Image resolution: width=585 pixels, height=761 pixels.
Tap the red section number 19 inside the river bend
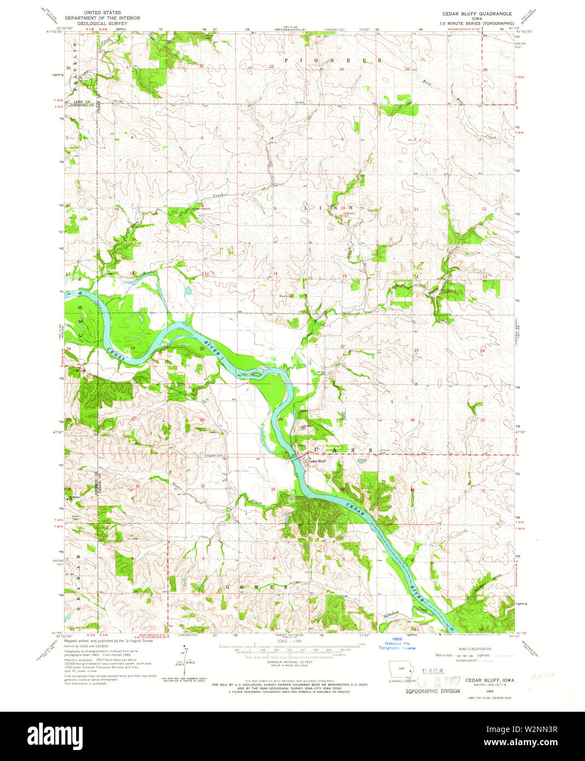[132, 348]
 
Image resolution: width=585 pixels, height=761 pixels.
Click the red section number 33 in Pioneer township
[271, 66]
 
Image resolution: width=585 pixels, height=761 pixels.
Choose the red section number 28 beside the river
[280, 419]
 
